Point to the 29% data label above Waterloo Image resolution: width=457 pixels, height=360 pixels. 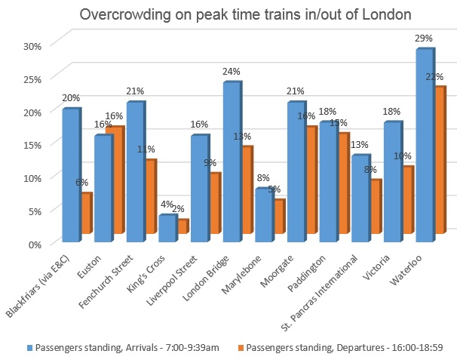[423, 37]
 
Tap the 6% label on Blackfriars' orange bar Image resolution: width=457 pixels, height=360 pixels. [82, 182]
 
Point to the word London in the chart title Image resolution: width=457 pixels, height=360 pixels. [370, 14]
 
